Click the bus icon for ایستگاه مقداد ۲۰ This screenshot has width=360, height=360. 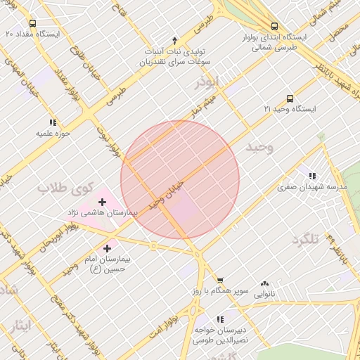pos(32,23)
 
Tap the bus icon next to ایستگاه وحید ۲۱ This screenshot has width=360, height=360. pos(290,99)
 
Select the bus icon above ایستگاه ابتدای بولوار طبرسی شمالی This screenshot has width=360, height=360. pos(274,27)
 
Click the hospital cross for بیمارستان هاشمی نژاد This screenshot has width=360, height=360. pos(103,202)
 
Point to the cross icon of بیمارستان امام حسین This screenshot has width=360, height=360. pos(107,248)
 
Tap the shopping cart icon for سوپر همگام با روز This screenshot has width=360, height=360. pos(220,281)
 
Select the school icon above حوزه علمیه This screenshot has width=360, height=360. pos(53,122)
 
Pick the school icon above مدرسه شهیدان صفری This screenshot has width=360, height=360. pos(311,176)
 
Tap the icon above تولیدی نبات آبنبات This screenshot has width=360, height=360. pos(175,41)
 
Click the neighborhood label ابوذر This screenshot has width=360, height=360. pos(208,83)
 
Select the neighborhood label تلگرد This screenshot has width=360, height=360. pos(305,239)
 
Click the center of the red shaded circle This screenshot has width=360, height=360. pos(180,180)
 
